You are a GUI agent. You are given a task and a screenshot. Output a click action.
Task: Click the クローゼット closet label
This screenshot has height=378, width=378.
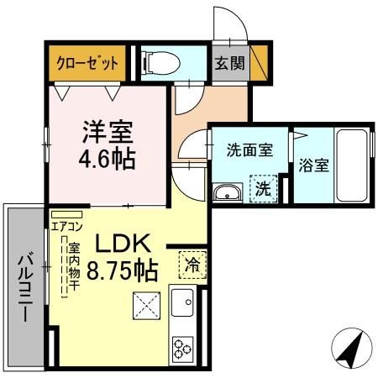tap(87, 62)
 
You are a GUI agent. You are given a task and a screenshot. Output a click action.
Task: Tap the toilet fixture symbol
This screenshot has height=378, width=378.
tap(160, 61)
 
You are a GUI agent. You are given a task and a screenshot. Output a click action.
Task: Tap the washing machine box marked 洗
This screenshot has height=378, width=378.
tap(263, 189)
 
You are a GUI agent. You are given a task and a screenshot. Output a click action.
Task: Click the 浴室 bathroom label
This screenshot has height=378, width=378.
tap(313, 164)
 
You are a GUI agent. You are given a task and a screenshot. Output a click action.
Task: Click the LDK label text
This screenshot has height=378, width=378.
tap(121, 243)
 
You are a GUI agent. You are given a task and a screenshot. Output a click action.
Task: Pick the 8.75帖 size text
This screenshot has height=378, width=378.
tap(122, 270)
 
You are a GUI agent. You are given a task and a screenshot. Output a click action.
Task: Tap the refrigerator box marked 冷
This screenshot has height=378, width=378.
tap(192, 264)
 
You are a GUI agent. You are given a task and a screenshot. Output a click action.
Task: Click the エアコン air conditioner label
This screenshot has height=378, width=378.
tap(66, 225)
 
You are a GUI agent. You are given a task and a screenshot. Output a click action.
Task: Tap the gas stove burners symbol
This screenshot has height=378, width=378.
tap(183, 346)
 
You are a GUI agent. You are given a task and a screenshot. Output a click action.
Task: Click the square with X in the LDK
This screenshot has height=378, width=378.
tap(146, 306)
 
